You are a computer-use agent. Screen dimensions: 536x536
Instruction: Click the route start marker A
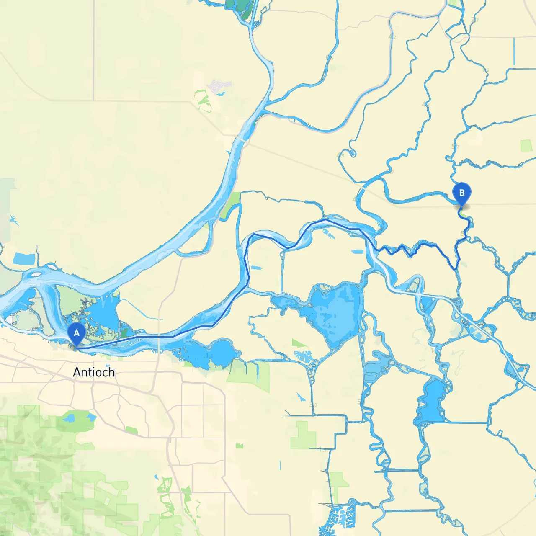(x=77, y=333)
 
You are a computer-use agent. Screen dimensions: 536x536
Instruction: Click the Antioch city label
(x=94, y=372)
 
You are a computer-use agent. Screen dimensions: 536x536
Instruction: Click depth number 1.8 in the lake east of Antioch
(x=209, y=356)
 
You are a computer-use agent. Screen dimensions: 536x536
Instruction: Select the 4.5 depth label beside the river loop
(x=340, y=155)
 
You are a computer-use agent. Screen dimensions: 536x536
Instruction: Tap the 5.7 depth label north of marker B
(x=455, y=147)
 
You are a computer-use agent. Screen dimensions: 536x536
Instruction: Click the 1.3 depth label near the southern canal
(x=322, y=450)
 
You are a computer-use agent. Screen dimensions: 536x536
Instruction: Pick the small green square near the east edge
(x=526, y=146)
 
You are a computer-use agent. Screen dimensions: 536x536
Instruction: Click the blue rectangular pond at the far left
(x=24, y=259)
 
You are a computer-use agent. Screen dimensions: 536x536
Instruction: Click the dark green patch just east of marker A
(x=124, y=333)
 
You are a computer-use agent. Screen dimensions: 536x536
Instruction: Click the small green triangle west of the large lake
(x=299, y=343)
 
